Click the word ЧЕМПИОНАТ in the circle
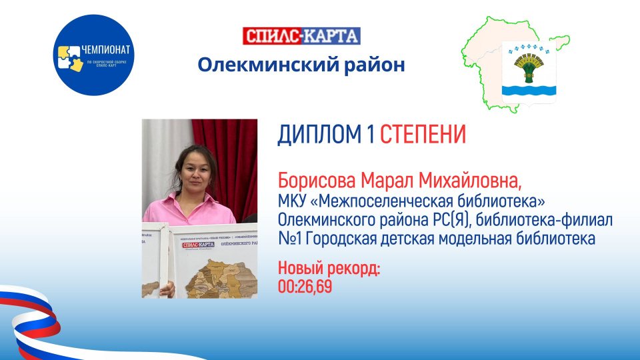[107, 51]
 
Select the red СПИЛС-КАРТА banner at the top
[301, 36]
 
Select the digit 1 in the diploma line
[369, 136]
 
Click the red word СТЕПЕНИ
[423, 136]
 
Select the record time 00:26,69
[305, 287]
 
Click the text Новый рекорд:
[329, 271]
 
